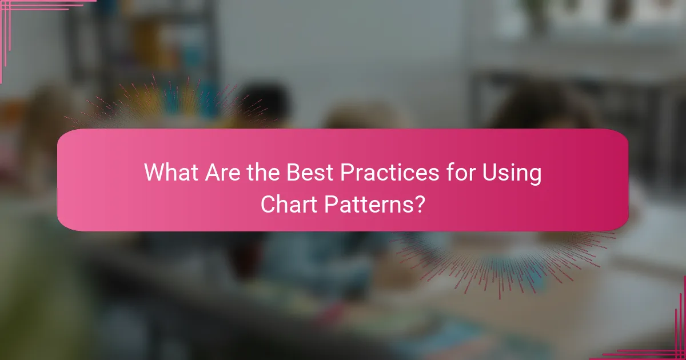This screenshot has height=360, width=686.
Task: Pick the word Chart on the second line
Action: point(289,204)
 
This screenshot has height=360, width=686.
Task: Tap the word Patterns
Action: point(368,204)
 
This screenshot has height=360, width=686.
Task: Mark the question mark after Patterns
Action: point(419,204)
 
